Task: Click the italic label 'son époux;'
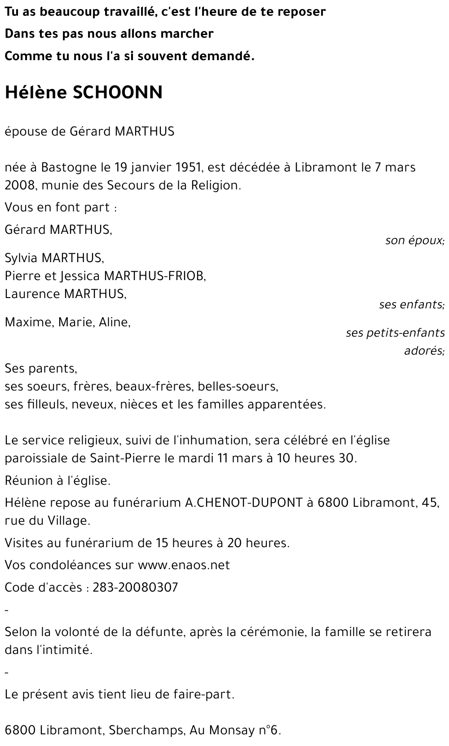pos(414,241)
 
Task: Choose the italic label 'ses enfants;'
pos(411,305)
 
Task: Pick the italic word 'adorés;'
pos(424,351)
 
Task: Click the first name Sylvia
pos(21,258)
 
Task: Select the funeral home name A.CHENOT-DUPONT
pos(244,502)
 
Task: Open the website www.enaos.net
pos(184,565)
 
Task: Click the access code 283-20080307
pos(135,588)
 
